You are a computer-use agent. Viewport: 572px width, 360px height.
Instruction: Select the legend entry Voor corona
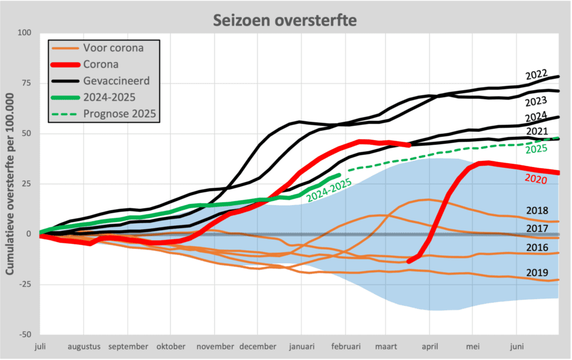113,48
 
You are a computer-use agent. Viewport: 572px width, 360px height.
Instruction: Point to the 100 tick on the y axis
24,33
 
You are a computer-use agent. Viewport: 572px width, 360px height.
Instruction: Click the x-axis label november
214,346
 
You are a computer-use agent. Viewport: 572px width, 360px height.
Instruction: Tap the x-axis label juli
41,346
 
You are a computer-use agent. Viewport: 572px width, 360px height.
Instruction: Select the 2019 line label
537,272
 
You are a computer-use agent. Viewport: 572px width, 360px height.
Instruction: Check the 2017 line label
537,228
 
